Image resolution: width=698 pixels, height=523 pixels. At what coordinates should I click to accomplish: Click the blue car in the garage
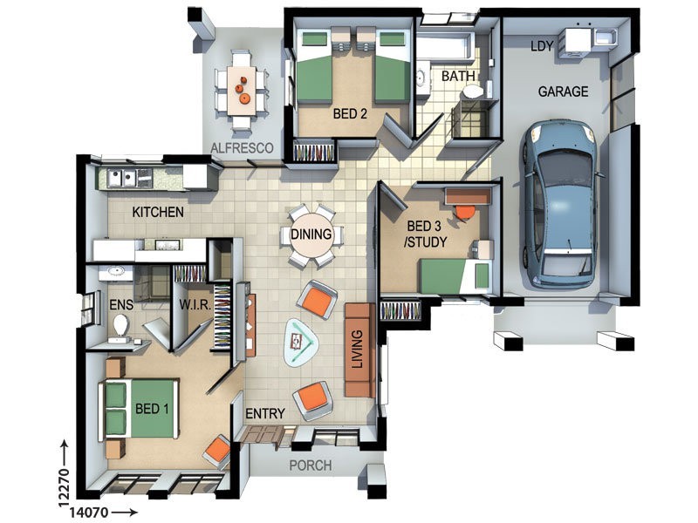(x=560, y=204)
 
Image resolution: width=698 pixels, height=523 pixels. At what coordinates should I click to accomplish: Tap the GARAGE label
(x=563, y=92)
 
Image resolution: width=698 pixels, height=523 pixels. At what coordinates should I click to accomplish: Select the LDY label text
(x=542, y=46)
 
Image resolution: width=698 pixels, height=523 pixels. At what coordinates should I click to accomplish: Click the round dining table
(x=311, y=234)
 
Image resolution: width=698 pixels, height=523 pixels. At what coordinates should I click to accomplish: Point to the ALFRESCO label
(x=242, y=148)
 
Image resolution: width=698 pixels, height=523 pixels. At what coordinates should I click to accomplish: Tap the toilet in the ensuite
(x=120, y=323)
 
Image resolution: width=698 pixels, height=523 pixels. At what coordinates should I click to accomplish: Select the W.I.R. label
(x=195, y=305)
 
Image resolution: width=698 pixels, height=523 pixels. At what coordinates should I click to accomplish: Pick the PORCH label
(x=311, y=465)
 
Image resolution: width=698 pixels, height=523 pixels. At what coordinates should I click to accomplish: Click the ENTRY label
(x=265, y=413)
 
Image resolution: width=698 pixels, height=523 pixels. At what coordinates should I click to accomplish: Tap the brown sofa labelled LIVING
(x=359, y=350)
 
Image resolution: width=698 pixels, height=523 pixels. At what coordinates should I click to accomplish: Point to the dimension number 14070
(x=89, y=513)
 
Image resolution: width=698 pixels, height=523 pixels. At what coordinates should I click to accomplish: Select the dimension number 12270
(x=64, y=487)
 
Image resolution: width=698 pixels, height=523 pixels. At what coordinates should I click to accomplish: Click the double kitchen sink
(x=121, y=179)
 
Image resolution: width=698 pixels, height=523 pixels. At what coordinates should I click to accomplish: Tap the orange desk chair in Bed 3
(x=463, y=212)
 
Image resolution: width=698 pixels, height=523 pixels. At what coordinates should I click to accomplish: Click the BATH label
(x=459, y=76)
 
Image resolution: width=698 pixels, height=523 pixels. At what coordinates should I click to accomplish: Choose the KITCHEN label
(x=158, y=212)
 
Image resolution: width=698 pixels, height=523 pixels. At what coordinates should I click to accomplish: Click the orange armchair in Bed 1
(x=218, y=451)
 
